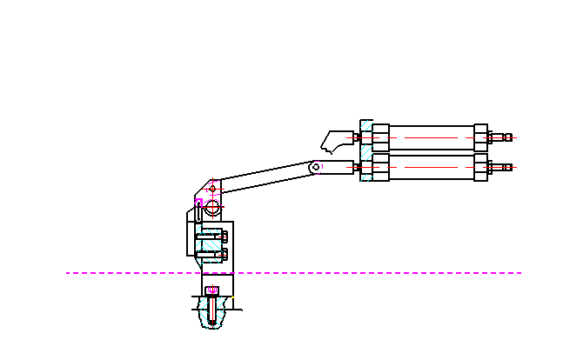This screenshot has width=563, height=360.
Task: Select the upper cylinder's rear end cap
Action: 480,137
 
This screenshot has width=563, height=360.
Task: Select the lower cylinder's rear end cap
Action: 480,166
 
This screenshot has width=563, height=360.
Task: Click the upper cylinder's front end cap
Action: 380,137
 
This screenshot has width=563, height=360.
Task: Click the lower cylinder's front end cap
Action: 380,166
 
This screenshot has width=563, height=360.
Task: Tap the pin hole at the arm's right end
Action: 315,166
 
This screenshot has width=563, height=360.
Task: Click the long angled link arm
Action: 265,177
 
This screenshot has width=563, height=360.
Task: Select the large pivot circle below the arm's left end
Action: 211,206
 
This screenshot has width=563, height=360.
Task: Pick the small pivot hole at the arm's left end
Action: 212,188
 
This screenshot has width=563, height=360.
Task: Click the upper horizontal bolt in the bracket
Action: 211,235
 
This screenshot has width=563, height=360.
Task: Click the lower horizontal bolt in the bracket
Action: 211,255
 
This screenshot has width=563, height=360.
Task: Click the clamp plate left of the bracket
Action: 191,233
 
